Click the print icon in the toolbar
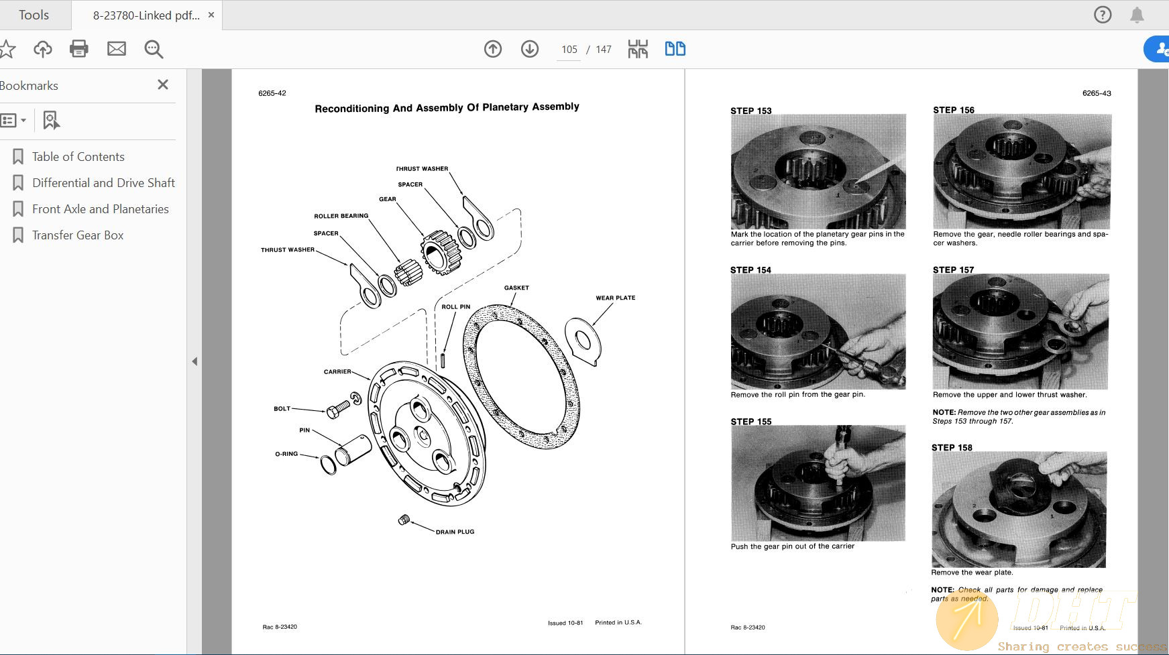(x=79, y=49)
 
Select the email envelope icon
(x=117, y=49)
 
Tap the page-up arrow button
(x=493, y=49)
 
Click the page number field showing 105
(x=569, y=50)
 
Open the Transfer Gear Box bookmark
(x=78, y=235)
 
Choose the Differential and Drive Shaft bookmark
(x=103, y=183)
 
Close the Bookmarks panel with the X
(x=163, y=84)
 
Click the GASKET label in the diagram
(x=516, y=288)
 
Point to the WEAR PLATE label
(x=615, y=298)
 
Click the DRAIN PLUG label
(x=455, y=532)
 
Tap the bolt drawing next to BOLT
(x=337, y=408)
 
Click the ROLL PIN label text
(x=455, y=307)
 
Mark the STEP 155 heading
(x=750, y=422)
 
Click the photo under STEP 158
(x=1019, y=510)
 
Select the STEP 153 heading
(x=750, y=111)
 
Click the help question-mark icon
(x=1103, y=15)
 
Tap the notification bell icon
(x=1137, y=15)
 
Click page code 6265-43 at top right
(x=1096, y=93)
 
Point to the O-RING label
(x=286, y=454)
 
